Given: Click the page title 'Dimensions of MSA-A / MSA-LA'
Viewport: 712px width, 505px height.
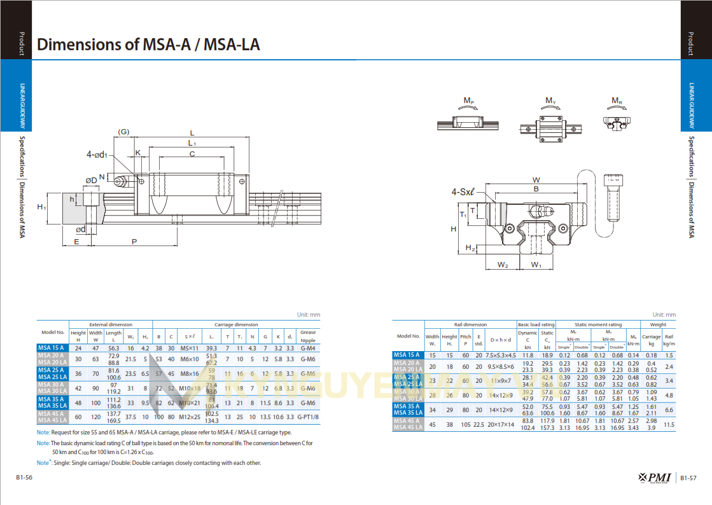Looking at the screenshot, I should click(148, 45).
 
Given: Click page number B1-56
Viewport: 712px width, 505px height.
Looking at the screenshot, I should click(25, 478).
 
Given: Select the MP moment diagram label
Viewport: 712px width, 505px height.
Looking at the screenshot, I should click(468, 101).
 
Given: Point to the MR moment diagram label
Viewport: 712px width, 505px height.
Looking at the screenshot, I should click(617, 101).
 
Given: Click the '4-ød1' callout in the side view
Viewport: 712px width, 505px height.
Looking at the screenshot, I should click(97, 154).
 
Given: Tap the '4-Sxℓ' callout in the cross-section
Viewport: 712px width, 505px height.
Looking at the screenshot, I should click(464, 191).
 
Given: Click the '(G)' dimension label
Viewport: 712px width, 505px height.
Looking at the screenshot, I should click(123, 132).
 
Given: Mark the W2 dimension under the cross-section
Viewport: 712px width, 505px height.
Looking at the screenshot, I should click(503, 264).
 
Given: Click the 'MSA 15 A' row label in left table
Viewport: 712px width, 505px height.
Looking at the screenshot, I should click(53, 348).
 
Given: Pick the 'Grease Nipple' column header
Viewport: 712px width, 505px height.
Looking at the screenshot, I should click(307, 336).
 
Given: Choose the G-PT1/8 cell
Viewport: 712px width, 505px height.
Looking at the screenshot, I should click(307, 417).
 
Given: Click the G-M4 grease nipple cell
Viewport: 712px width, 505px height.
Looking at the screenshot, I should click(307, 348).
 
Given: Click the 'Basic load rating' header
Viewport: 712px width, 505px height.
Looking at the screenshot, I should click(536, 324).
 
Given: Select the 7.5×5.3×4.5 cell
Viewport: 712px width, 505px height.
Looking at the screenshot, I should click(501, 355).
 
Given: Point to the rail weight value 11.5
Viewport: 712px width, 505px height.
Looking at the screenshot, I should click(669, 424).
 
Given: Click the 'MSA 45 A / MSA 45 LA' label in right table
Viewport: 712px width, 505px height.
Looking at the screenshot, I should click(408, 424).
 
